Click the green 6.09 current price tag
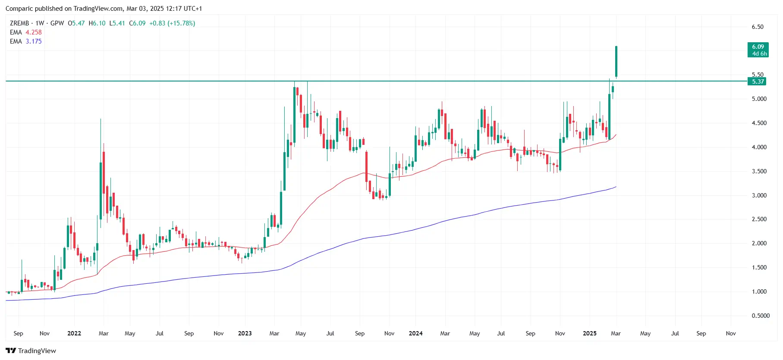(758, 50)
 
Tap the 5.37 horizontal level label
(757, 81)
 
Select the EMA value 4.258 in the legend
(34, 32)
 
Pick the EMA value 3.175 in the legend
(34, 41)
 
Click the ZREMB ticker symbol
(19, 23)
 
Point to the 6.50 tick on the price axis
(758, 27)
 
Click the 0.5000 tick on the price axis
(760, 316)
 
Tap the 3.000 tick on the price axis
(759, 195)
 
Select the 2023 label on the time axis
(245, 333)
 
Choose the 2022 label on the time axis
(74, 333)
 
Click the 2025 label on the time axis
(589, 333)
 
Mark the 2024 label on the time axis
(415, 333)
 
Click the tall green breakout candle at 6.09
(616, 62)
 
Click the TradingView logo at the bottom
(31, 351)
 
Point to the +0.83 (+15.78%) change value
(172, 23)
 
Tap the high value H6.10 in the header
(97, 23)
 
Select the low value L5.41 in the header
(117, 23)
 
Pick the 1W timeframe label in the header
(40, 23)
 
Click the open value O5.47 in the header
(76, 23)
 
